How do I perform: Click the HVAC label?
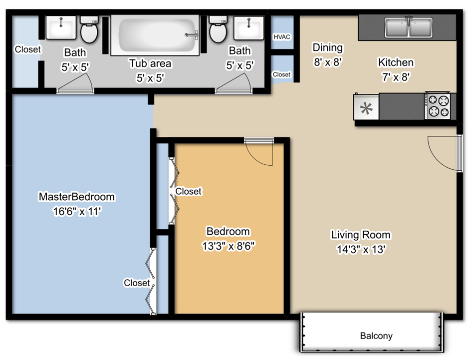(282, 37)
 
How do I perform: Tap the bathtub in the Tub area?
(155, 35)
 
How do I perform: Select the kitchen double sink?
(408, 27)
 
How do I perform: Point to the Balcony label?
(376, 336)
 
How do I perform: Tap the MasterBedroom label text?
(76, 197)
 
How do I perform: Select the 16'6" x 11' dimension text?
(77, 211)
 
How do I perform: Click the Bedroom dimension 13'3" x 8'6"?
(228, 246)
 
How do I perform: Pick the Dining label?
(327, 47)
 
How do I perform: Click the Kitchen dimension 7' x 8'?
(396, 77)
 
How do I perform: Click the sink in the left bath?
(61, 27)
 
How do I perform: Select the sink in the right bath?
(248, 27)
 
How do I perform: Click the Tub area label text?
(150, 63)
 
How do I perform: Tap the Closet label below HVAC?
(281, 74)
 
